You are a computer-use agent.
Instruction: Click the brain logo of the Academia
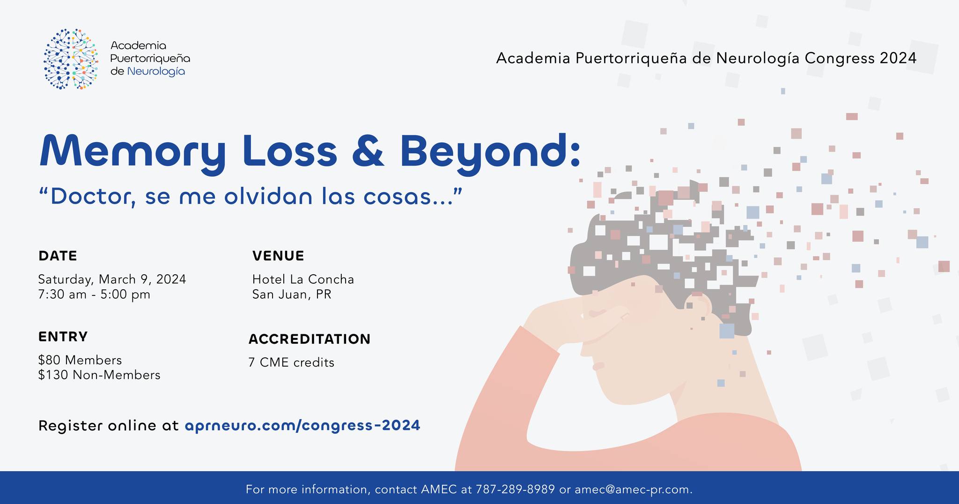[x=71, y=59]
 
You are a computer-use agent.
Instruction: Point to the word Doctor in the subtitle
[x=89, y=197]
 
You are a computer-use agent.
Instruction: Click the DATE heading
[x=58, y=256]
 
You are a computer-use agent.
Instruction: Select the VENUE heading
[x=278, y=256]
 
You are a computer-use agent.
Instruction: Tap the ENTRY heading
[x=63, y=337]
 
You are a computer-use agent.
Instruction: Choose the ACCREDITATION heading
[x=310, y=339]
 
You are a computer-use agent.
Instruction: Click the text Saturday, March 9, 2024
[x=112, y=280]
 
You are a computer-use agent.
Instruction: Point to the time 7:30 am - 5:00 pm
[x=94, y=295]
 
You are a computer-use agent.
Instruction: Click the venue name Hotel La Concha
[x=303, y=279]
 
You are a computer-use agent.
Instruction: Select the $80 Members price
[x=80, y=360]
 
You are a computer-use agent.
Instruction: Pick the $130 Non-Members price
[x=99, y=375]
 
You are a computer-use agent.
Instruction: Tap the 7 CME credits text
[x=291, y=362]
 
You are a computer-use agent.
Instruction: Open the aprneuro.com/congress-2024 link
[x=302, y=426]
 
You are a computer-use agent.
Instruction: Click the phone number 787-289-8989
[x=515, y=489]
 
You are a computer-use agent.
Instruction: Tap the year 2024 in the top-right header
[x=898, y=58]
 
